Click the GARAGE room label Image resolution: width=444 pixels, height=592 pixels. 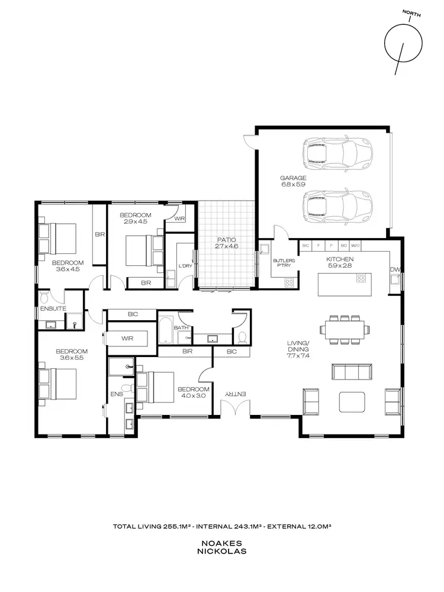coord(293,178)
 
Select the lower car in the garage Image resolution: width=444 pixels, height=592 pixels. coord(337,204)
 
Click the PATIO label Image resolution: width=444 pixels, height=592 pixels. coord(226,239)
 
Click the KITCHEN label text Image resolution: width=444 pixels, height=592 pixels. coord(340,259)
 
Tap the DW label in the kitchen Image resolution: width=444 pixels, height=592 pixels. coord(394,270)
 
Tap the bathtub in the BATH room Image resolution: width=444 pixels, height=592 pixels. coord(165,329)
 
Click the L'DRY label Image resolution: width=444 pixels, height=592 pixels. coord(185,266)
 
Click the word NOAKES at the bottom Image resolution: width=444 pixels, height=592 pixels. coord(222,542)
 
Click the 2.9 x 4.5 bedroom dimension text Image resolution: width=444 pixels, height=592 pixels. coord(135,221)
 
